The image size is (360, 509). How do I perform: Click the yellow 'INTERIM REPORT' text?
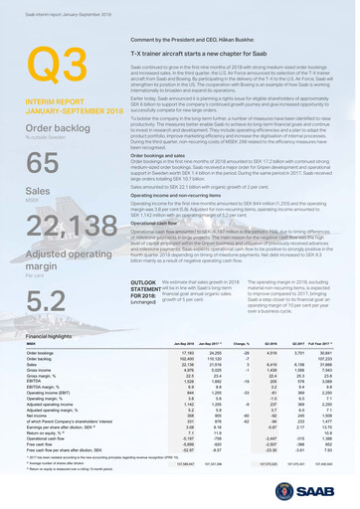(51, 100)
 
